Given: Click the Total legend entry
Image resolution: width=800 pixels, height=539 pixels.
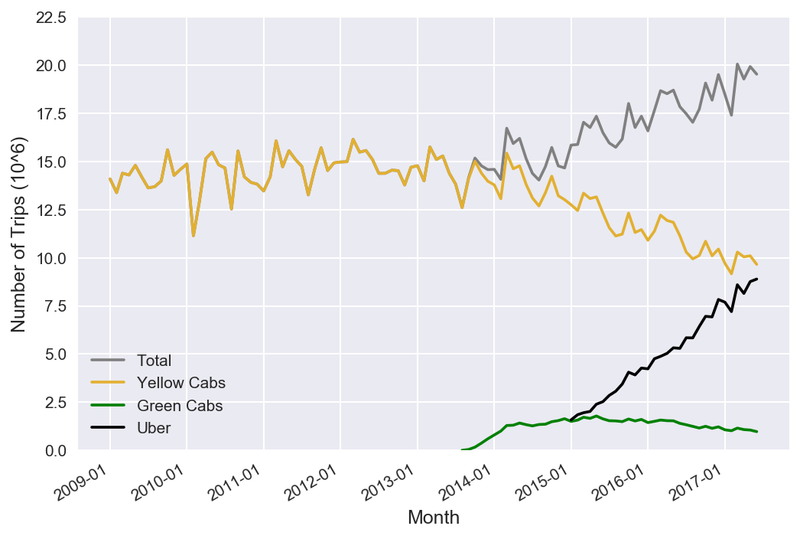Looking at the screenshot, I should pyautogui.click(x=154, y=360).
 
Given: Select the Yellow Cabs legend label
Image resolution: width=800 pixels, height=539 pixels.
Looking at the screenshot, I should pyautogui.click(x=180, y=383).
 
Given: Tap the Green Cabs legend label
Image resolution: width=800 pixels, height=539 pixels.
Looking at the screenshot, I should pyautogui.click(x=180, y=406).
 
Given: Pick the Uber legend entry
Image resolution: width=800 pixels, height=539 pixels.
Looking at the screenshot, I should pyautogui.click(x=154, y=429).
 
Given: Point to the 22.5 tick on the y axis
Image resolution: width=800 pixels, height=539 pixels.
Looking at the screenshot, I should pyautogui.click(x=50, y=18).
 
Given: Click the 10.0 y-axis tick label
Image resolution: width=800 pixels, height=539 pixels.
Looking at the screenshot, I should pyautogui.click(x=50, y=258).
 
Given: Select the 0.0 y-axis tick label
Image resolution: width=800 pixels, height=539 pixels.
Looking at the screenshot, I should pyautogui.click(x=55, y=450).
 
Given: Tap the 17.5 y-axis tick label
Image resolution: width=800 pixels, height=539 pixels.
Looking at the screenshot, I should pyautogui.click(x=50, y=113).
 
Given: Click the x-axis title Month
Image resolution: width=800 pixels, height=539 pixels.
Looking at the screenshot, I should pyautogui.click(x=434, y=518).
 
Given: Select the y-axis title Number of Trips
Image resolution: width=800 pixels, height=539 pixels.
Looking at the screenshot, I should pyautogui.click(x=18, y=234).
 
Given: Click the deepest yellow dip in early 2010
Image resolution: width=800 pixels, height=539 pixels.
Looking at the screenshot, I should pyautogui.click(x=193, y=235).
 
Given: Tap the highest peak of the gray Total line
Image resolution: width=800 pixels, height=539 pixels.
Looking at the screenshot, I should pyautogui.click(x=737, y=64).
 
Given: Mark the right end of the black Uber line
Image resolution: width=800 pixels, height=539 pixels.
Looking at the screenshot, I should pyautogui.click(x=756, y=279).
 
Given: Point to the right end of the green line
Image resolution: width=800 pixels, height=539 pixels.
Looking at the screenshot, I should pyautogui.click(x=756, y=432).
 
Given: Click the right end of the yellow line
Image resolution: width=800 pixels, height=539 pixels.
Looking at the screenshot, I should pyautogui.click(x=756, y=264).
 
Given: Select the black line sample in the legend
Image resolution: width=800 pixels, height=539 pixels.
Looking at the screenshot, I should pyautogui.click(x=107, y=429).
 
